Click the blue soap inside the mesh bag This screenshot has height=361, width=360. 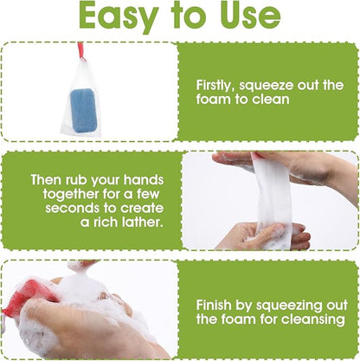[x=84, y=111]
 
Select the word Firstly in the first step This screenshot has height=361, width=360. [x=215, y=86]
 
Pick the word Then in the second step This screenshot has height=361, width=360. [x=47, y=180]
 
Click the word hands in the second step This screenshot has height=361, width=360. [x=144, y=180]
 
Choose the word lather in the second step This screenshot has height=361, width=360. [x=141, y=222]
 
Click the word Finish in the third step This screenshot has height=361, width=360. [x=214, y=306]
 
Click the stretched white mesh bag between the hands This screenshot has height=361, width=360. [x=273, y=199]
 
